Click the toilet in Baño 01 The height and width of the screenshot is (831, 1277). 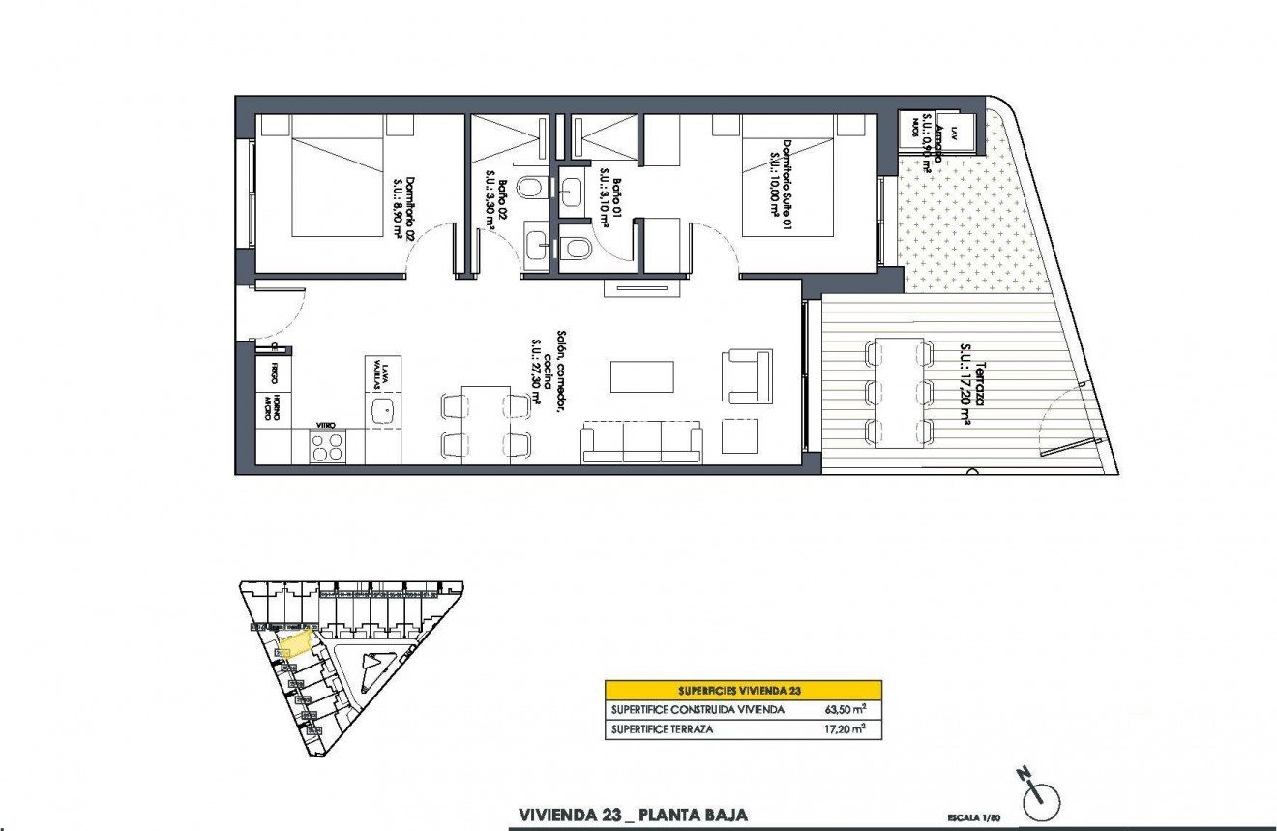577,249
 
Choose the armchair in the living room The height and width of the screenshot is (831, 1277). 748,375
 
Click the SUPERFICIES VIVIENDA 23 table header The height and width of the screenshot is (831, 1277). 743,690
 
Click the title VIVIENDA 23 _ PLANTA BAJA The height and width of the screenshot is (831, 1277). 633,816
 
